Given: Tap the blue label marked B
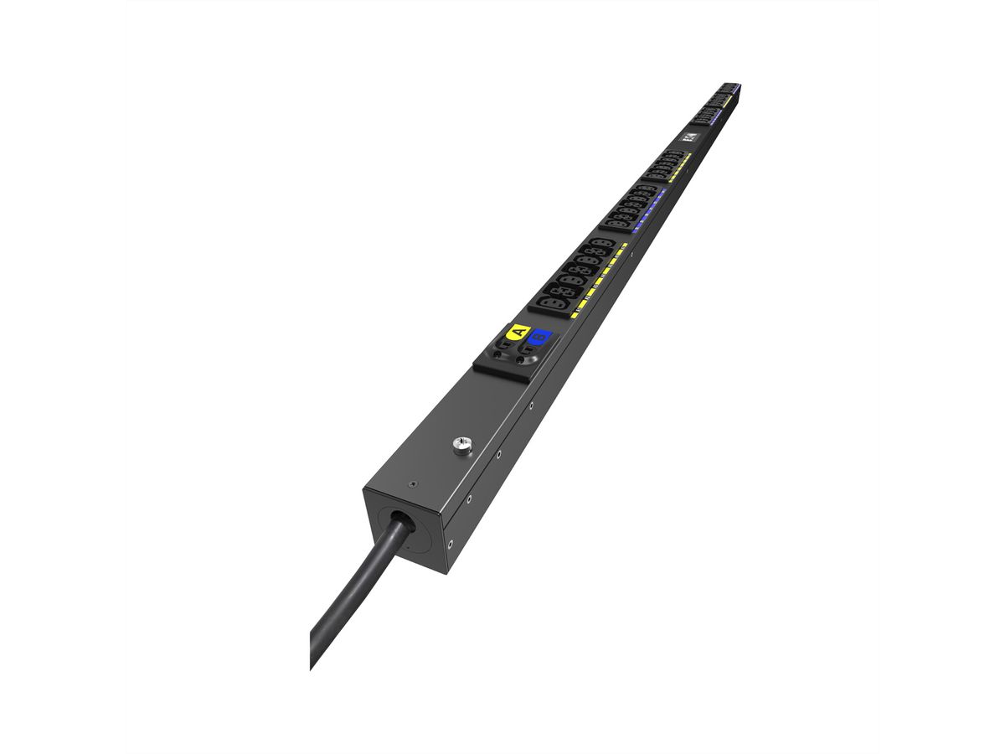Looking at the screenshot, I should [541, 338].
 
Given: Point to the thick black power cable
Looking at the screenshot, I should [352, 586].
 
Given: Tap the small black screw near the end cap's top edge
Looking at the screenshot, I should [410, 484].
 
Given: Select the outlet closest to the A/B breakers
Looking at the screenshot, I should [557, 299].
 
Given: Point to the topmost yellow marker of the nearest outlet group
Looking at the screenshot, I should [623, 246].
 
